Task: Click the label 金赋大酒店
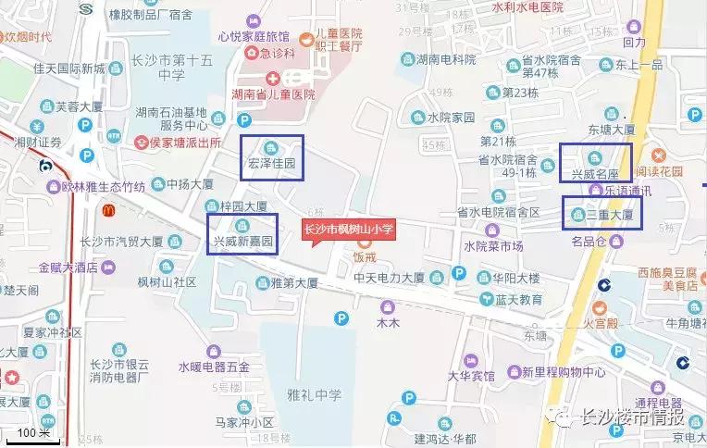(x=76, y=267)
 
